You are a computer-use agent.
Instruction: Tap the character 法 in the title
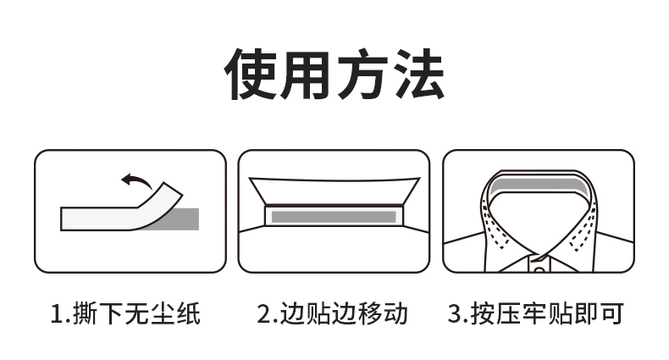pyautogui.click(x=418, y=75)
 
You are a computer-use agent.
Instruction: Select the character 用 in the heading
pyautogui.click(x=307, y=75)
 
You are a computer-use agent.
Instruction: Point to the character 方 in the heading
pyautogui.click(x=362, y=75)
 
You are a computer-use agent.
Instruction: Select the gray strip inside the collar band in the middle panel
pyautogui.click(x=334, y=217)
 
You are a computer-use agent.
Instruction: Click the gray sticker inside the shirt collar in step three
pyautogui.click(x=537, y=185)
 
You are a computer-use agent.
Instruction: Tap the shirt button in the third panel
pyautogui.click(x=539, y=269)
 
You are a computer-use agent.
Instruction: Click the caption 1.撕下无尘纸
pyautogui.click(x=125, y=313)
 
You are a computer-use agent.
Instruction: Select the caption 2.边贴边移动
pyautogui.click(x=332, y=313)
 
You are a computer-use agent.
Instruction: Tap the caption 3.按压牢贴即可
pyautogui.click(x=536, y=313)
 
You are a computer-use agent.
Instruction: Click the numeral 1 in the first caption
pyautogui.click(x=57, y=314)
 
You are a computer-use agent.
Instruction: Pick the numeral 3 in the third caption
pyautogui.click(x=455, y=314)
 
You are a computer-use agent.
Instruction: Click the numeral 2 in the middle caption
pyautogui.click(x=264, y=314)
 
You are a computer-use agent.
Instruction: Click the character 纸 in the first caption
pyautogui.click(x=188, y=313)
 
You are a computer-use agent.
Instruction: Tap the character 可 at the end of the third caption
pyautogui.click(x=611, y=313)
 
